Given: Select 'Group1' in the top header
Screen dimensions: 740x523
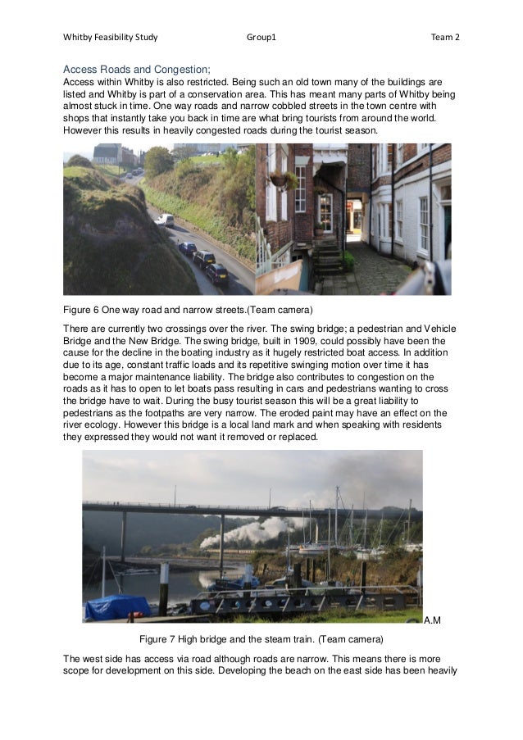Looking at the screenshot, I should click(x=261, y=37).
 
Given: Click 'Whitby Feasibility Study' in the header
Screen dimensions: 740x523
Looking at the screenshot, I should click(x=111, y=37).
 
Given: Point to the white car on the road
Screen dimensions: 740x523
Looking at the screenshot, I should click(x=166, y=219).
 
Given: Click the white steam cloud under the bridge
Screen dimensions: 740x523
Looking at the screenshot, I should click(x=246, y=533).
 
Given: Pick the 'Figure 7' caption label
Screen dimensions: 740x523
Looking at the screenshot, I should click(x=161, y=638).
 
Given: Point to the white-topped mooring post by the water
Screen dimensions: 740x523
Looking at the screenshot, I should click(x=163, y=573).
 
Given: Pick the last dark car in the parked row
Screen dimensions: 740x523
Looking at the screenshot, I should click(x=217, y=273).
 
